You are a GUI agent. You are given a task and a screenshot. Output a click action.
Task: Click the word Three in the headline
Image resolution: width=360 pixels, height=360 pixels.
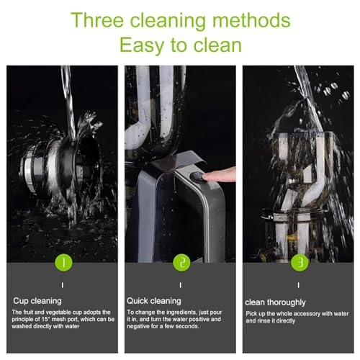[97, 20]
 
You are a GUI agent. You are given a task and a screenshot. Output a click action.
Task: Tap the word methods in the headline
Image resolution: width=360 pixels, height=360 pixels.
[251, 20]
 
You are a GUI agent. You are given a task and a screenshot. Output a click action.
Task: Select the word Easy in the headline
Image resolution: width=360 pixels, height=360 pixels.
[142, 45]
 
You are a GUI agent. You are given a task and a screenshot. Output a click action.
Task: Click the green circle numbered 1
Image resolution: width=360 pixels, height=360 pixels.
[64, 262]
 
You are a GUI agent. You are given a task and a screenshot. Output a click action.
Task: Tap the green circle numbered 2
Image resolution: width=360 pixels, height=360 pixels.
[181, 262]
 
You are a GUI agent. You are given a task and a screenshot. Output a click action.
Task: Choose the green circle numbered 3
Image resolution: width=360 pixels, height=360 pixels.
[300, 262]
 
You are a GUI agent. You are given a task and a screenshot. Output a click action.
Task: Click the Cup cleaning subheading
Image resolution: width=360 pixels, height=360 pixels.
[37, 301]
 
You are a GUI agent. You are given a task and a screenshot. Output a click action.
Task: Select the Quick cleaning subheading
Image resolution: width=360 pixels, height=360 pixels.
[154, 301]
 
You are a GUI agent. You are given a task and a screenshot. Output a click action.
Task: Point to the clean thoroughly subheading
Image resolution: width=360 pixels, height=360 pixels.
[275, 302]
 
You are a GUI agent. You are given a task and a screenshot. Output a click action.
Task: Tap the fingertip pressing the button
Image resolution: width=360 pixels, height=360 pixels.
[207, 177]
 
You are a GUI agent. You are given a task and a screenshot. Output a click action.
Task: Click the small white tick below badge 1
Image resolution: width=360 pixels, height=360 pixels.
[63, 285]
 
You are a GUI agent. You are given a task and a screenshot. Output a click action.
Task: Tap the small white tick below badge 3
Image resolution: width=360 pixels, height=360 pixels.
[299, 285]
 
